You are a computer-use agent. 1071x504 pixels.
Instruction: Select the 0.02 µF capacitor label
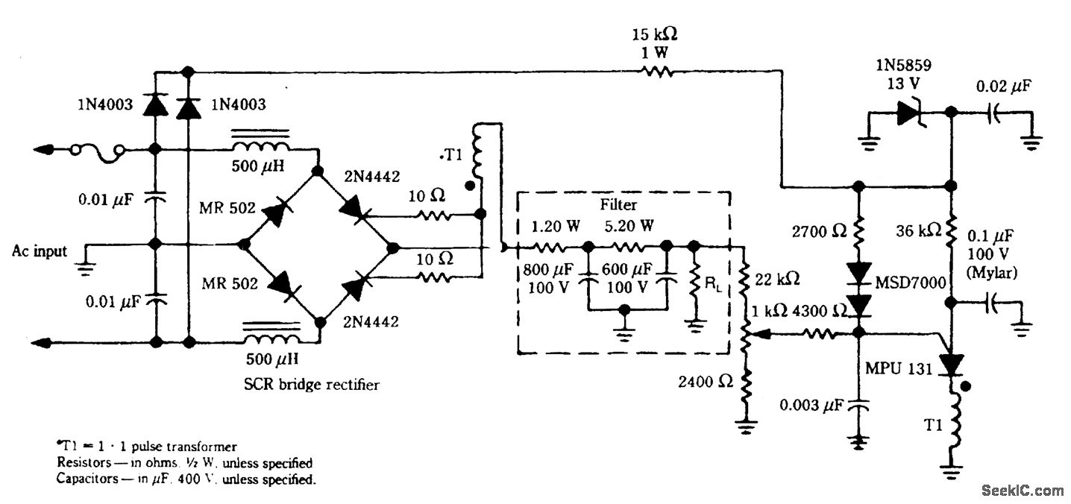pyautogui.click(x=1004, y=86)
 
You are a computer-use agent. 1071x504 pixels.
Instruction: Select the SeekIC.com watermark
pyautogui.click(x=1023, y=490)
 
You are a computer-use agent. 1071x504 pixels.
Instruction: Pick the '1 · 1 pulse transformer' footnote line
pyautogui.click(x=146, y=447)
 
